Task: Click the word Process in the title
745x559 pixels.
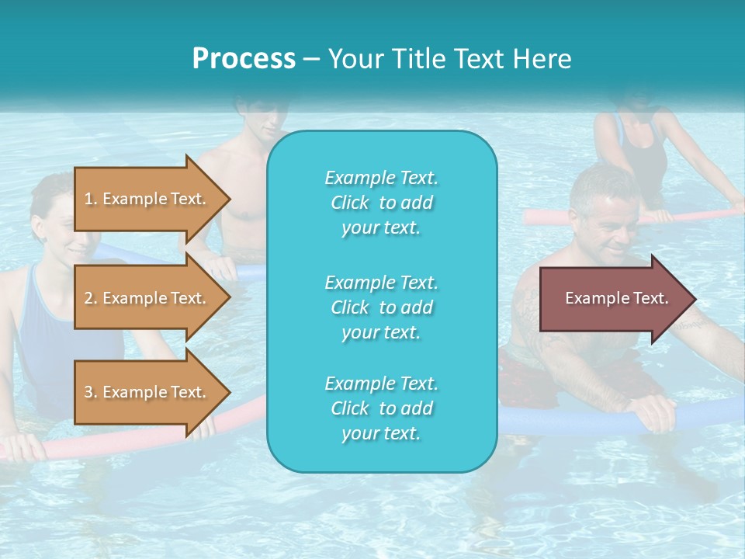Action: (x=244, y=59)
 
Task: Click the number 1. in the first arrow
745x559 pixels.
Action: (x=90, y=200)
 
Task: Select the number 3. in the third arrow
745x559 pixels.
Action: (x=90, y=393)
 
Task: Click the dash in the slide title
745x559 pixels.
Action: (x=311, y=59)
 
